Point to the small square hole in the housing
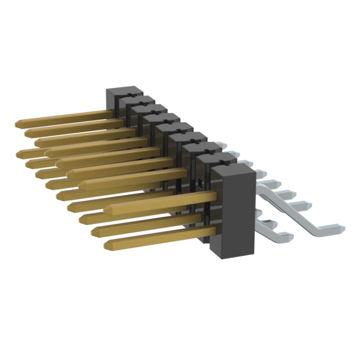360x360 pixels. click(x=199, y=182)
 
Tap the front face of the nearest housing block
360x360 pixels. click(x=231, y=214)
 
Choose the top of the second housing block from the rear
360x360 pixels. click(x=138, y=101)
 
